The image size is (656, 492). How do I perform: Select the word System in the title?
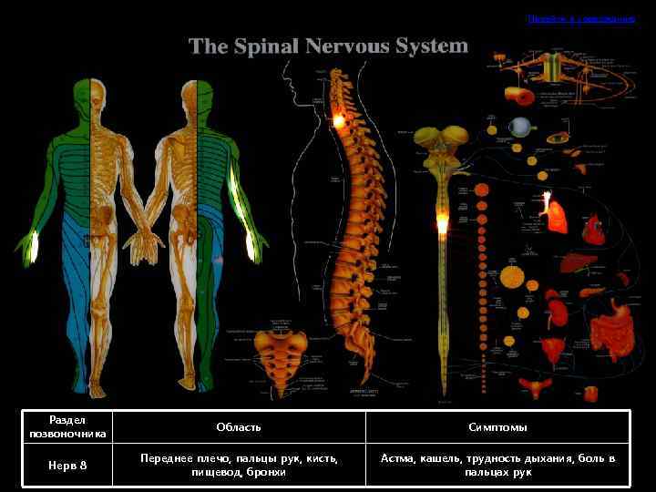click(x=432, y=46)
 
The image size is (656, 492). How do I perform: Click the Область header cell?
click(x=239, y=427)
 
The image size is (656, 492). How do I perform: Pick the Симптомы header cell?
click(x=497, y=427)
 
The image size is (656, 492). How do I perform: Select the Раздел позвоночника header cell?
click(x=68, y=427)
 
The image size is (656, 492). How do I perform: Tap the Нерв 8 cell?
click(x=68, y=466)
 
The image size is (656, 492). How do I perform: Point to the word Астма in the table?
click(x=397, y=458)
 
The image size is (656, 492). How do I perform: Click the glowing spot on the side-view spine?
click(x=338, y=120)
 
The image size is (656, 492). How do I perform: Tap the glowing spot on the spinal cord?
click(x=443, y=223)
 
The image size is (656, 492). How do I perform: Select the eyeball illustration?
click(x=520, y=127)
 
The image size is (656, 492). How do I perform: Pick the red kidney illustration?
click(x=555, y=300)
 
